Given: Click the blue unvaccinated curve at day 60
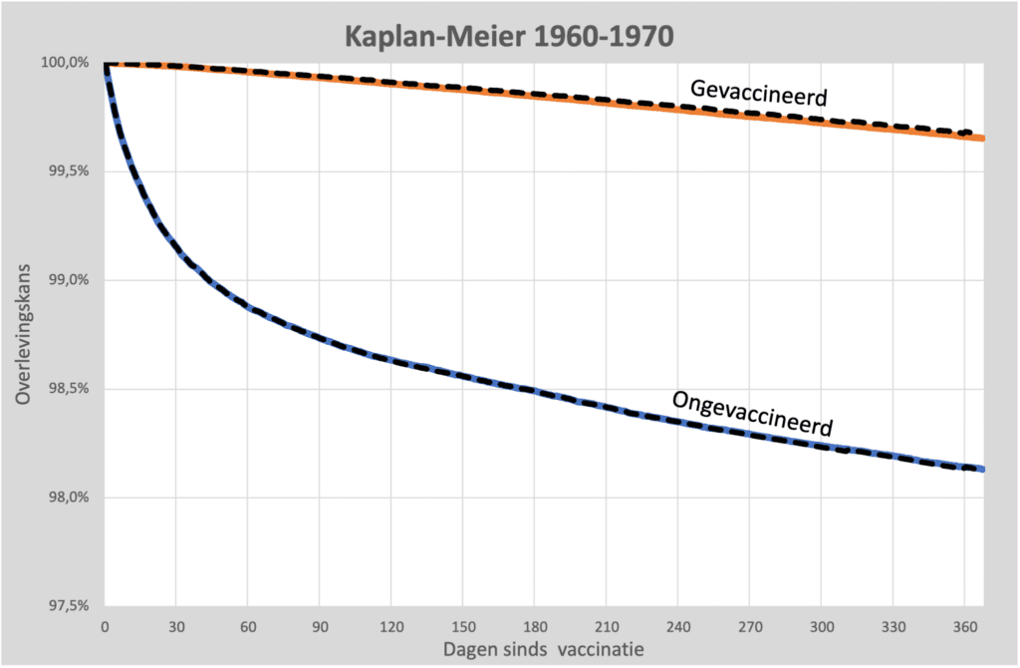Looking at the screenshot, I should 248,308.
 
